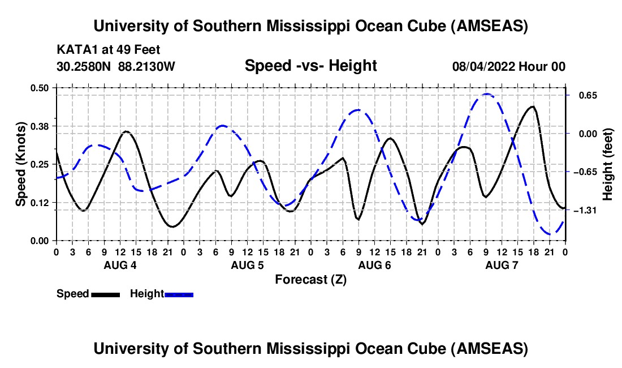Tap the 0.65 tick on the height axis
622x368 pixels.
coord(583,95)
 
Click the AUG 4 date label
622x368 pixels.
coord(119,265)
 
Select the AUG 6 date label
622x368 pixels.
coord(374,265)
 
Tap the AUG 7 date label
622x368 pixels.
coord(501,265)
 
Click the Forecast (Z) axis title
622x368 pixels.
coord(310,279)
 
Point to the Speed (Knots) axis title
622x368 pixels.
coord(21,164)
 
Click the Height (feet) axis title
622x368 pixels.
coord(608,164)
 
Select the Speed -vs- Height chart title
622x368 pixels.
coord(310,66)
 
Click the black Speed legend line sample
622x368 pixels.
coord(105,294)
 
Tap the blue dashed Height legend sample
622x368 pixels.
coord(179,294)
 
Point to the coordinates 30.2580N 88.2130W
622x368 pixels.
coord(116,66)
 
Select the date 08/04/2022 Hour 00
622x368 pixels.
coord(509,66)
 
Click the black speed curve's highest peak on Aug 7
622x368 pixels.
coord(532,106)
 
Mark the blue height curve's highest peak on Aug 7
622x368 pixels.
coord(486,94)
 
